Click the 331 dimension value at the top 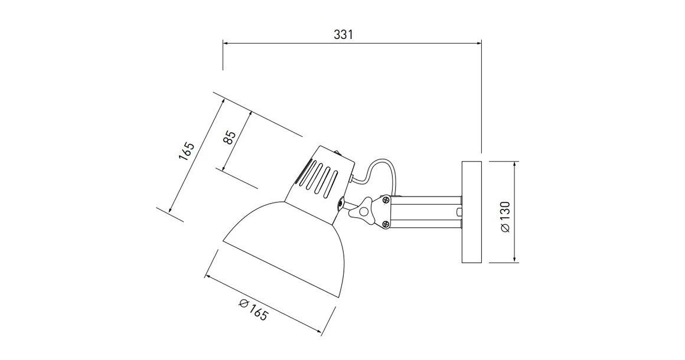pos(343,34)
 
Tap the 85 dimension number pos(231,137)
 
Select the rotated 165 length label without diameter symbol pos(187,151)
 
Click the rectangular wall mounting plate pos(472,211)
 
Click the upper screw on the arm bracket pos(386,199)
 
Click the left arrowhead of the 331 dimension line pos(225,42)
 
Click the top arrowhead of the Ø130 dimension pos(516,164)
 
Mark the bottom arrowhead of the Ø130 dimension pos(516,259)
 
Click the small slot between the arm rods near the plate pos(458,211)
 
